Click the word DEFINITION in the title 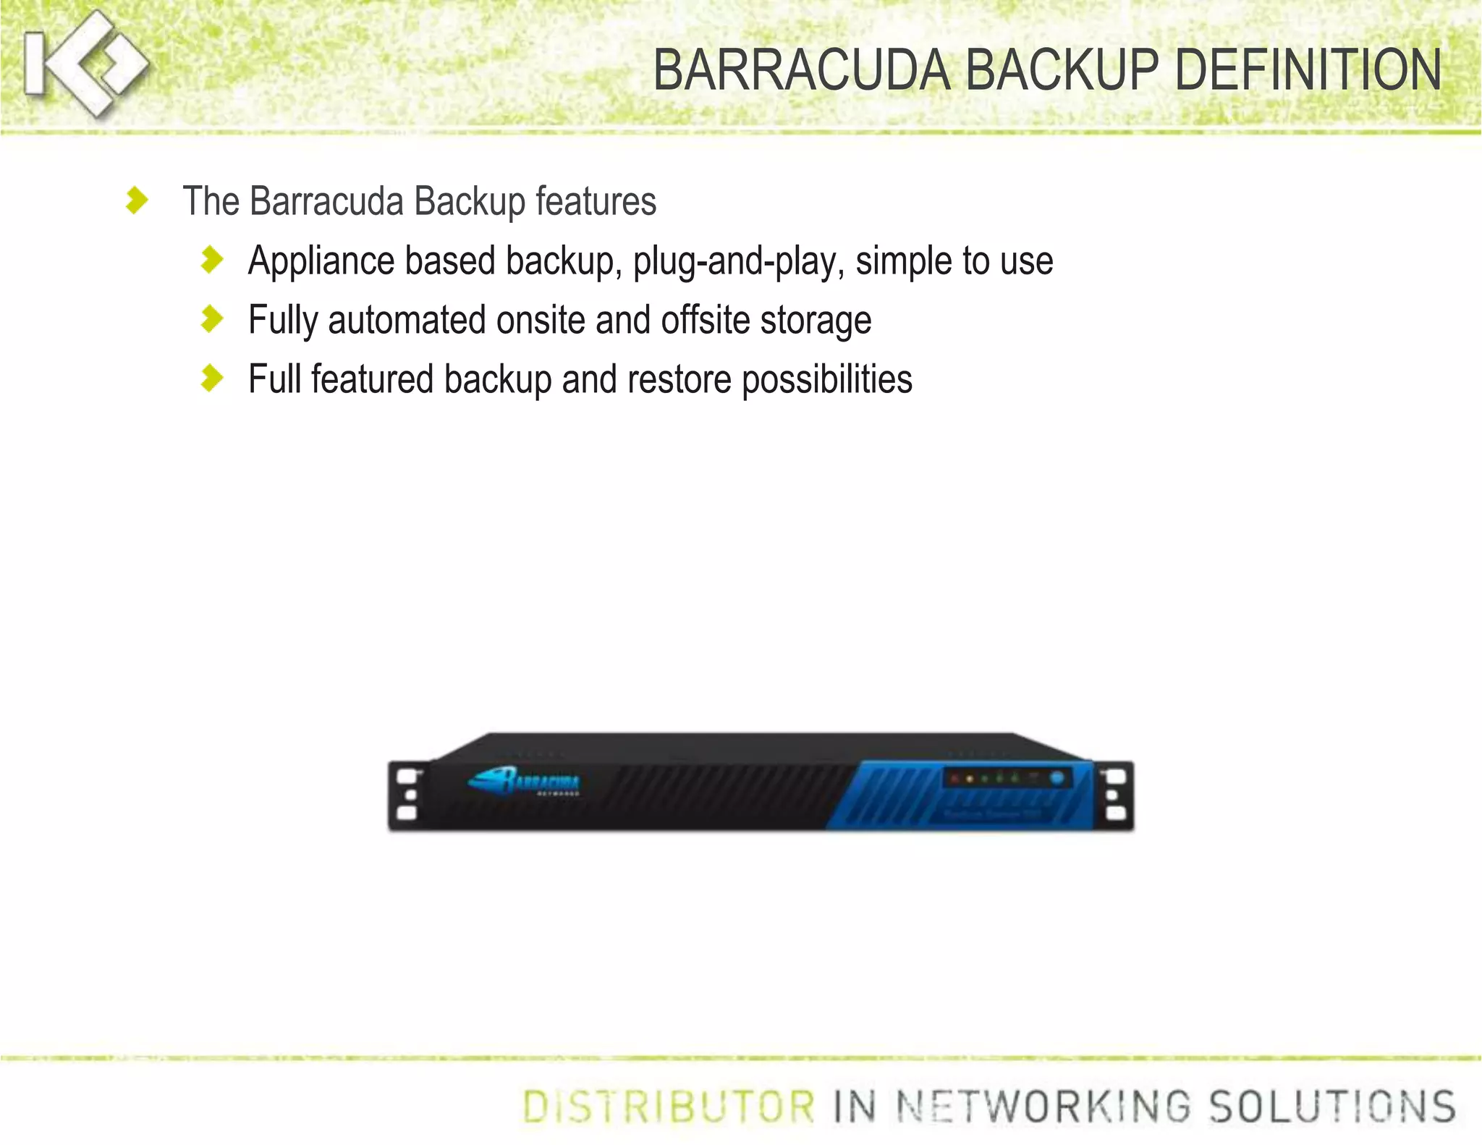pos(1308,70)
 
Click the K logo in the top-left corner pos(83,64)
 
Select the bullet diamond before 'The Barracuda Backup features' pos(136,200)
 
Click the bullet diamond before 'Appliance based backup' pos(212,260)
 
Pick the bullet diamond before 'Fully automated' pos(212,319)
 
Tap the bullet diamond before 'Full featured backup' pos(212,378)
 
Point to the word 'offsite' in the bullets pos(705,320)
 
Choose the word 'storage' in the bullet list pos(816,321)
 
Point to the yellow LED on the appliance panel pos(970,779)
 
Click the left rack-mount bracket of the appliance pos(407,795)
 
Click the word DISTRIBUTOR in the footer pos(669,1107)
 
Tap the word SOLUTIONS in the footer pos(1332,1107)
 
